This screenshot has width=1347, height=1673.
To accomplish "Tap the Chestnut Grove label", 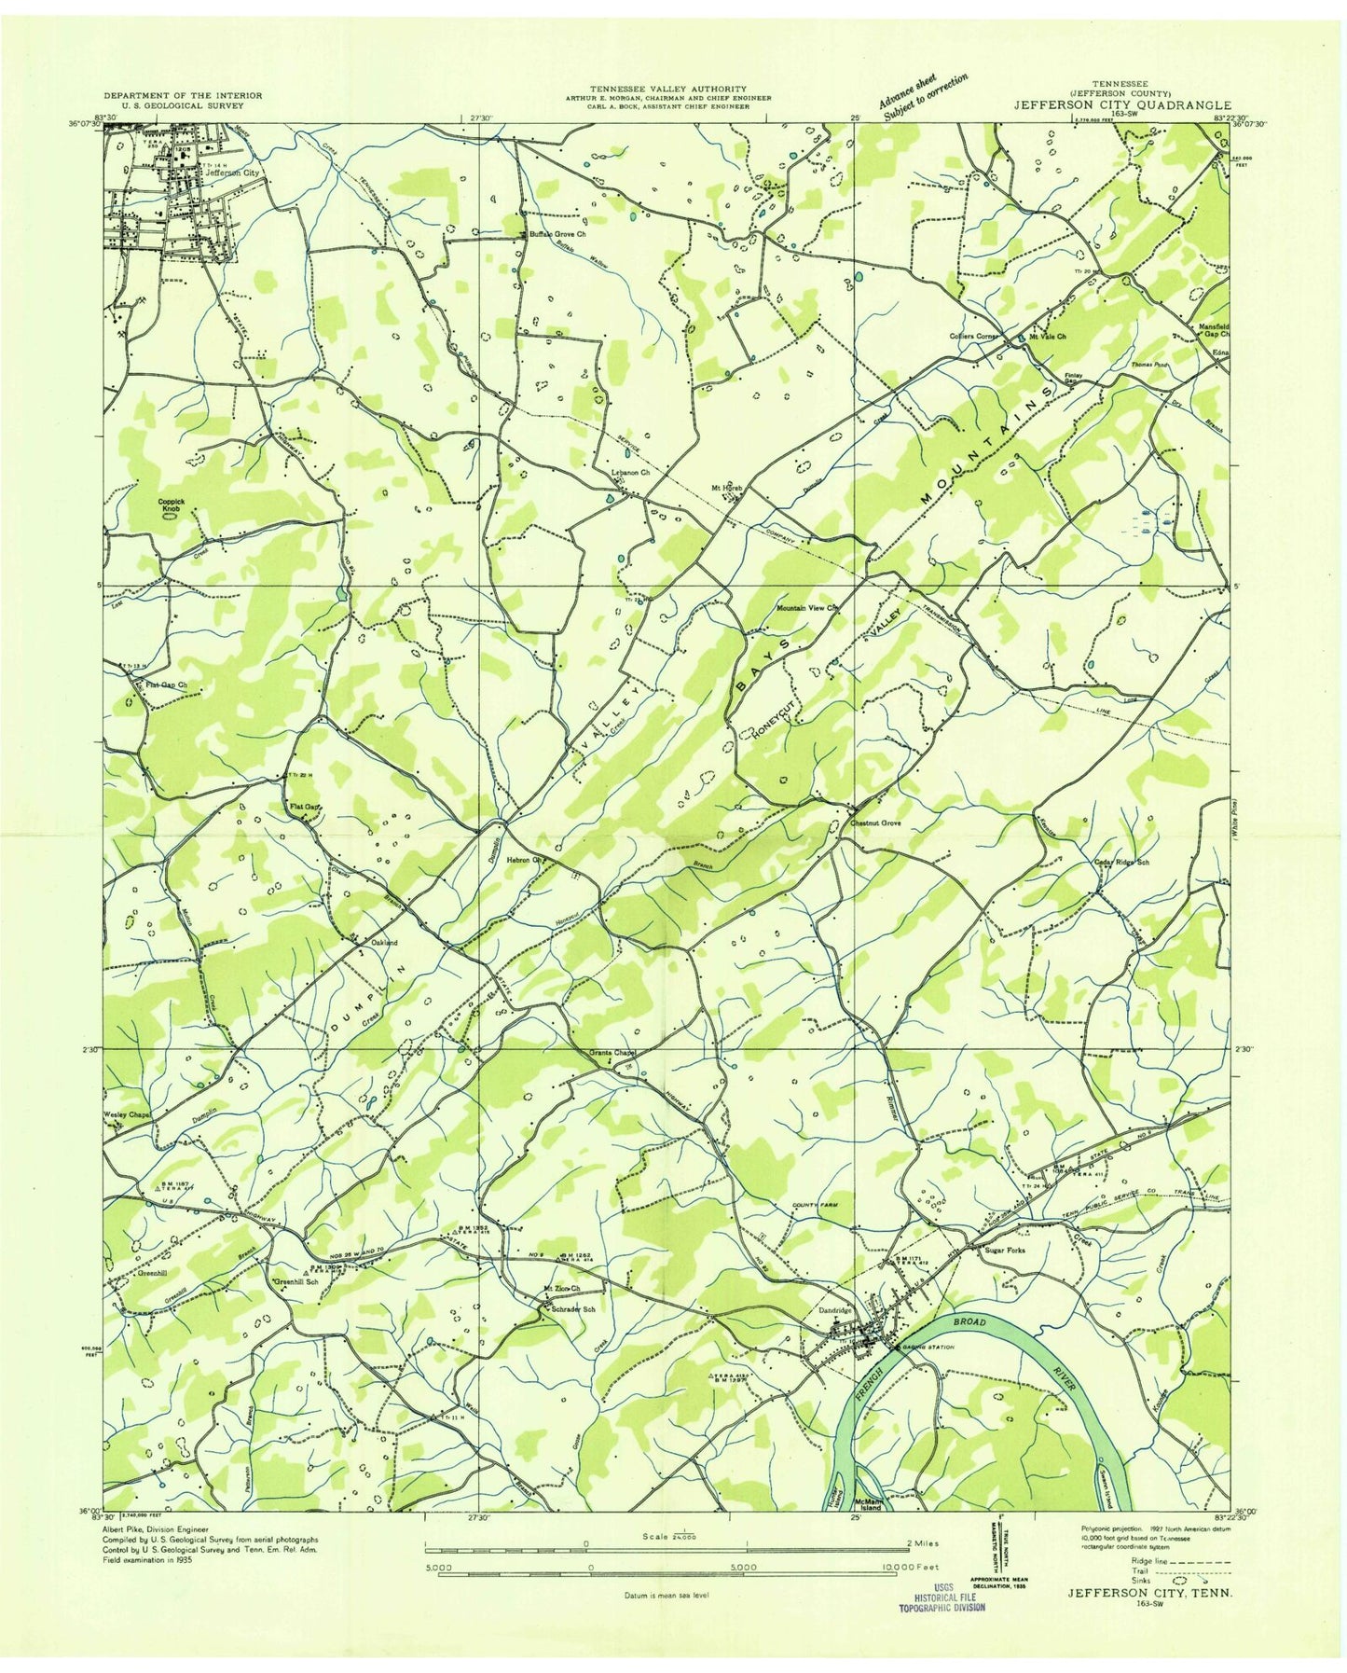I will [873, 823].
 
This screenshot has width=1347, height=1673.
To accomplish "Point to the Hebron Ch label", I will [525, 860].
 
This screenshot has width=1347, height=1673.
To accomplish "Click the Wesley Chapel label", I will [127, 1114].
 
